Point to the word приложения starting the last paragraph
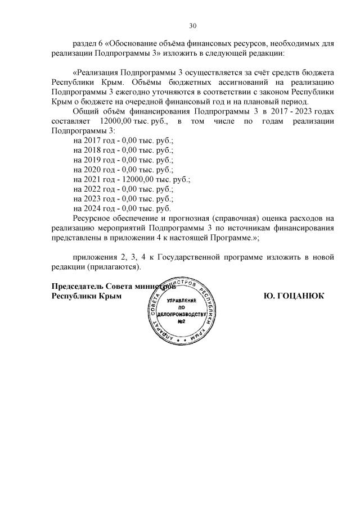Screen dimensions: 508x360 [96, 257]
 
